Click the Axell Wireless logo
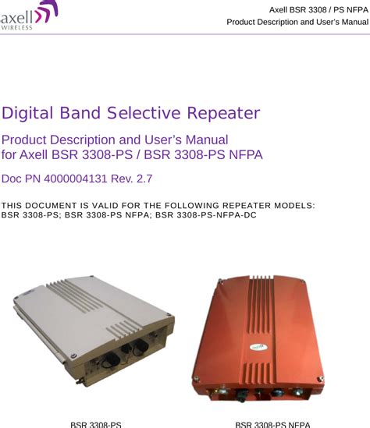pyautogui.click(x=29, y=16)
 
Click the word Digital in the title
pyautogui.click(x=27, y=113)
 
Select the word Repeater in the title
pyautogui.click(x=223, y=113)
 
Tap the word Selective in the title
pyautogui.click(x=144, y=113)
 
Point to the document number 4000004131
pyautogui.click(x=75, y=179)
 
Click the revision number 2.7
pyautogui.click(x=144, y=179)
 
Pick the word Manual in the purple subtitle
pyautogui.click(x=207, y=140)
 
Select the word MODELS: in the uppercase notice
pyautogui.click(x=294, y=205)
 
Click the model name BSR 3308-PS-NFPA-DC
pyautogui.click(x=206, y=215)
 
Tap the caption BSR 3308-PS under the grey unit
pyautogui.click(x=96, y=425)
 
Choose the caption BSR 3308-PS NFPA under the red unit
pyautogui.click(x=272, y=425)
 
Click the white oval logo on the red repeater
pyautogui.click(x=258, y=347)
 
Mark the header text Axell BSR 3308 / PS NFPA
pyautogui.click(x=318, y=10)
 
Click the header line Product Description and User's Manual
pyautogui.click(x=297, y=22)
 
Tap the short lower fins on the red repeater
pyautogui.click(x=258, y=373)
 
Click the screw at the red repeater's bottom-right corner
pyautogui.click(x=321, y=379)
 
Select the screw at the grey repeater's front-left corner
pyautogui.click(x=73, y=355)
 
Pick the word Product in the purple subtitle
pyautogui.click(x=24, y=140)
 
